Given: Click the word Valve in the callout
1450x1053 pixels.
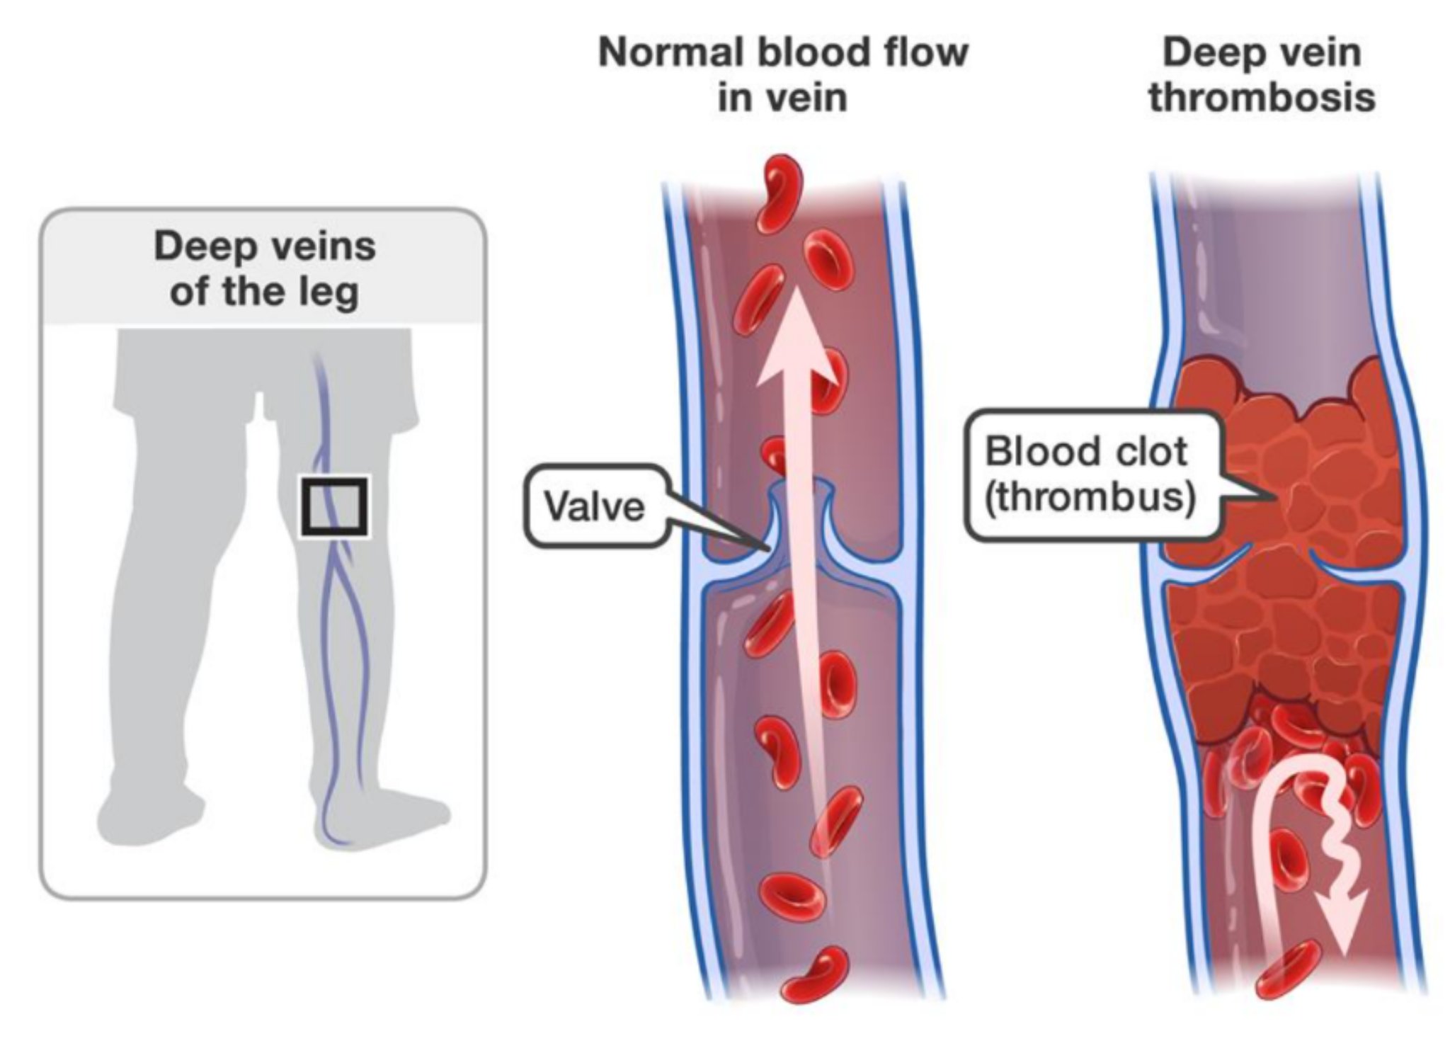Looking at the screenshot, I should click(x=594, y=507).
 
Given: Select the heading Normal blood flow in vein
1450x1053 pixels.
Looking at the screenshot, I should click(x=782, y=74).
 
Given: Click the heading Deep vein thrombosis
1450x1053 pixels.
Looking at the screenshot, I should click(x=1262, y=74).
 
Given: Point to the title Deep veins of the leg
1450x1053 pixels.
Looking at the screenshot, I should click(x=264, y=269).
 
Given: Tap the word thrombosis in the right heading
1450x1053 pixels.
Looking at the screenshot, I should click(x=1262, y=98).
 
